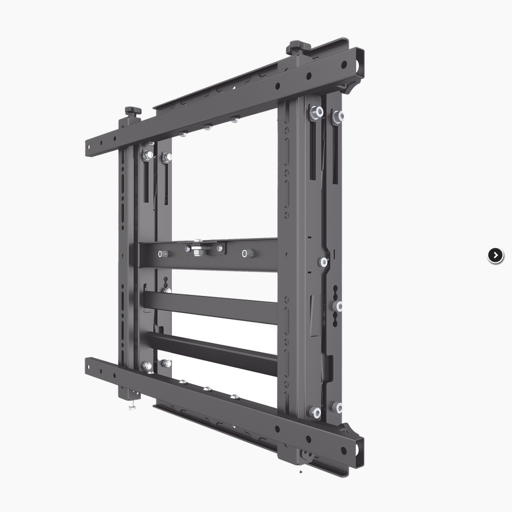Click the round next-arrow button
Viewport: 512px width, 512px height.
coord(495,255)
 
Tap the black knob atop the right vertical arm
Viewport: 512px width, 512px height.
coord(298,46)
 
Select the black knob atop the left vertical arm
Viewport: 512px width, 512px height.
coord(133,110)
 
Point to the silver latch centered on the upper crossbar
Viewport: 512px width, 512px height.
coord(199,250)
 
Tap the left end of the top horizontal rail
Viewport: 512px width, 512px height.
coord(90,148)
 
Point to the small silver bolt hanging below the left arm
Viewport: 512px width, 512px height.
coord(132,407)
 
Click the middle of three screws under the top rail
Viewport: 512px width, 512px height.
coord(208,127)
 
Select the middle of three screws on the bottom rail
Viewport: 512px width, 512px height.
coord(207,389)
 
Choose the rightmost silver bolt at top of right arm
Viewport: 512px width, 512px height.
coord(338,116)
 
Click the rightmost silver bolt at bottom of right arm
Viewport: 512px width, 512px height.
coord(338,407)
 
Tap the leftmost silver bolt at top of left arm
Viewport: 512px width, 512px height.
coord(148,155)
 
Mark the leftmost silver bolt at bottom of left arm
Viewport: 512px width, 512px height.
coord(147,366)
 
